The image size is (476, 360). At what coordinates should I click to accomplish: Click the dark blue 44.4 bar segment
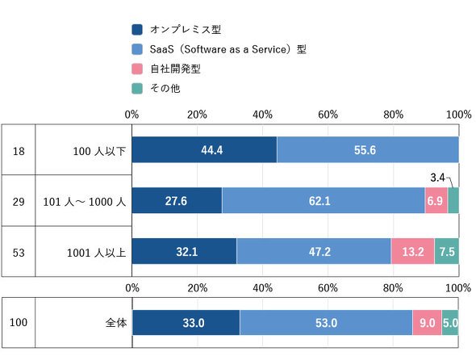click(204, 150)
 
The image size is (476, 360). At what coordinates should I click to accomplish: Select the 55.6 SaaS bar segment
click(368, 150)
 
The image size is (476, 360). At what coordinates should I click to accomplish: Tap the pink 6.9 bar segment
click(436, 200)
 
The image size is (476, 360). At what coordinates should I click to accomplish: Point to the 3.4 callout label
click(437, 178)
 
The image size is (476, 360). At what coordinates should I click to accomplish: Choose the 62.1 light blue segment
click(324, 200)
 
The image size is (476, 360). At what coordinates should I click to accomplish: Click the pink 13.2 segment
click(413, 251)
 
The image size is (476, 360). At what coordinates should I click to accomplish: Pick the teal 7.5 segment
click(447, 251)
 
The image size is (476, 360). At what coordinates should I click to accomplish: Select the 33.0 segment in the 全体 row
click(186, 322)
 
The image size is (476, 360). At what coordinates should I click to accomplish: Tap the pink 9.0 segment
click(427, 322)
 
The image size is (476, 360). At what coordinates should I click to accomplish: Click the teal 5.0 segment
click(450, 322)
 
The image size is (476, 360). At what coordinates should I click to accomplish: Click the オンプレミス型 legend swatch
click(137, 30)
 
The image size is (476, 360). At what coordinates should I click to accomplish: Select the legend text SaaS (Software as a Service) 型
click(228, 49)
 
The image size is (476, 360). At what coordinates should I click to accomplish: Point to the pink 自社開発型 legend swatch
click(137, 69)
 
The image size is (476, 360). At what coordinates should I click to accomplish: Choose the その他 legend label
click(165, 89)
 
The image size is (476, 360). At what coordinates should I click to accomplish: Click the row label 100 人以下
click(99, 151)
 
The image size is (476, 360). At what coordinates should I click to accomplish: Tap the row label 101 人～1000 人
click(85, 202)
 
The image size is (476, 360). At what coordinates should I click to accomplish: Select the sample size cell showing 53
click(19, 253)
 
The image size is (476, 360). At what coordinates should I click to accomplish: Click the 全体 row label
click(116, 322)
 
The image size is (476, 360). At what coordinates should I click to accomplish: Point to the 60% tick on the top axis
click(328, 115)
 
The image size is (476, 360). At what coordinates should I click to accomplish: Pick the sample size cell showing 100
click(19, 322)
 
